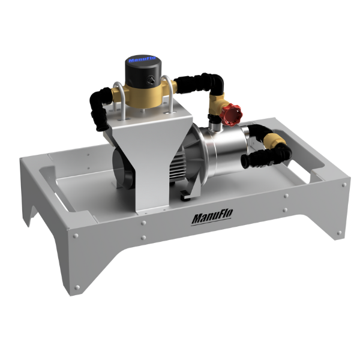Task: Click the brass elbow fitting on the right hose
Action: [x=274, y=141]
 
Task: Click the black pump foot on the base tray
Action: [x=188, y=193]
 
